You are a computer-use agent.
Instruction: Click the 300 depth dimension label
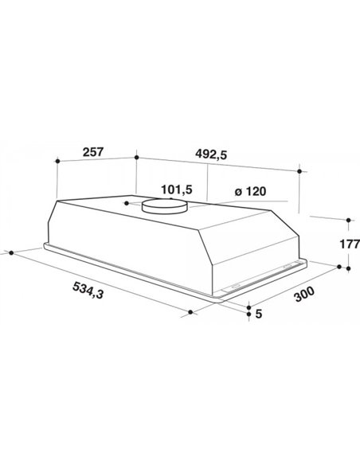point(303,297)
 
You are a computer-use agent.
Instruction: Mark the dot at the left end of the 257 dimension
point(58,161)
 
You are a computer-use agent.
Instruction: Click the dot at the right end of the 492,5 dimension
point(299,170)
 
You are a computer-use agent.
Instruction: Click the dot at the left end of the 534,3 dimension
point(10,252)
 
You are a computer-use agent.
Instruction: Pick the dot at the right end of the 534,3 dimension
point(194,313)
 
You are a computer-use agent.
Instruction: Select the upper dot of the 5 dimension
point(248,306)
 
